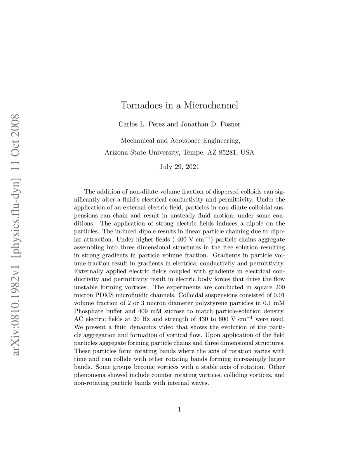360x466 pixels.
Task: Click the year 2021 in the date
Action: point(191,167)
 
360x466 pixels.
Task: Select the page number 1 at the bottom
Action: point(179,409)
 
